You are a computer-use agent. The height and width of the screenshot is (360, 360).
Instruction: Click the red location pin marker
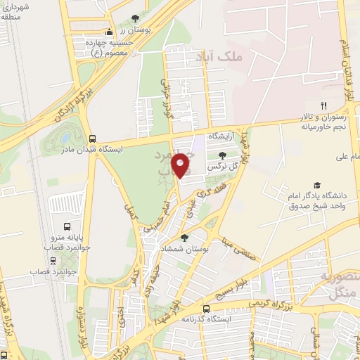[181, 165]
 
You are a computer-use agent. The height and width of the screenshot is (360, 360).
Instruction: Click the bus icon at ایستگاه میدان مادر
[93, 138]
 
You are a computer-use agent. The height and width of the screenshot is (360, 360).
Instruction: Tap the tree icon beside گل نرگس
[223, 155]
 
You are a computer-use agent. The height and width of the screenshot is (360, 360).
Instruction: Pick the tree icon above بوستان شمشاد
[185, 238]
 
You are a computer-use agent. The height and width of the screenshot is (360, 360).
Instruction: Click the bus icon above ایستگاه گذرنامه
[206, 309]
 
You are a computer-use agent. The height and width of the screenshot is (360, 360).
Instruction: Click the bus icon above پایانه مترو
[67, 226]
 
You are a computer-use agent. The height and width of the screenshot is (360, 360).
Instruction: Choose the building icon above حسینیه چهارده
[108, 32]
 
